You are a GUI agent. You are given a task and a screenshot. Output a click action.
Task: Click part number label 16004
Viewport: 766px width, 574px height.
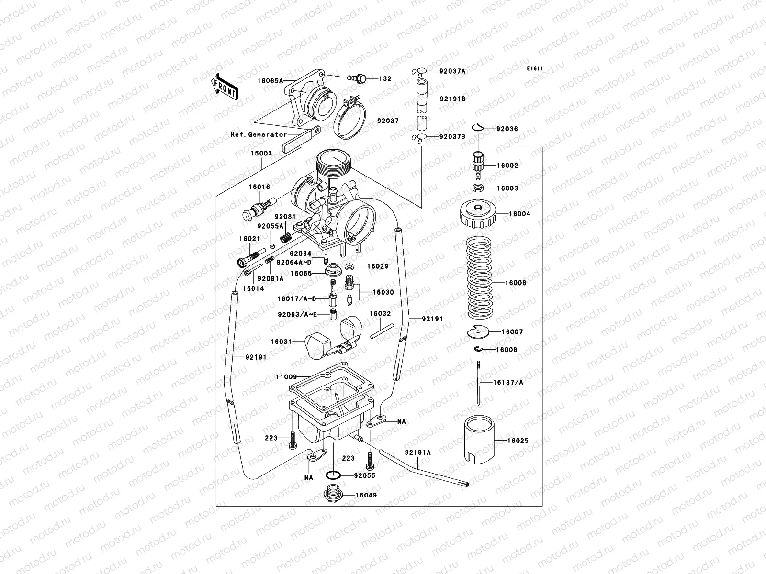coord(507,214)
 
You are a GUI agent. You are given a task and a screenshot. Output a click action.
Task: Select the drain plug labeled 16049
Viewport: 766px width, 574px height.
coord(329,494)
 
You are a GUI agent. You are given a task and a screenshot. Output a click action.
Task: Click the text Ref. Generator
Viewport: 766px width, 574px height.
coord(259,134)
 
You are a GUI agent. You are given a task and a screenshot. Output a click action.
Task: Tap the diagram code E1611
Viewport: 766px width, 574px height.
coord(535,69)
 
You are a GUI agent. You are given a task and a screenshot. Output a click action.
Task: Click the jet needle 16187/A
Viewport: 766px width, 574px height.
coord(479,383)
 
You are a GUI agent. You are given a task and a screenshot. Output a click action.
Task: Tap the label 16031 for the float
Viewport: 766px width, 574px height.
coord(281,342)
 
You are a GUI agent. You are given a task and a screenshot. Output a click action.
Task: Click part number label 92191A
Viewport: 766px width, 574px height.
coord(417,452)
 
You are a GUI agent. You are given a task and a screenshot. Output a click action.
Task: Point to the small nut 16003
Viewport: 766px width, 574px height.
coord(478,188)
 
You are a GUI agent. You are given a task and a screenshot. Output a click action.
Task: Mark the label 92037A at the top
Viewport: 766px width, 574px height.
coord(452,71)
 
